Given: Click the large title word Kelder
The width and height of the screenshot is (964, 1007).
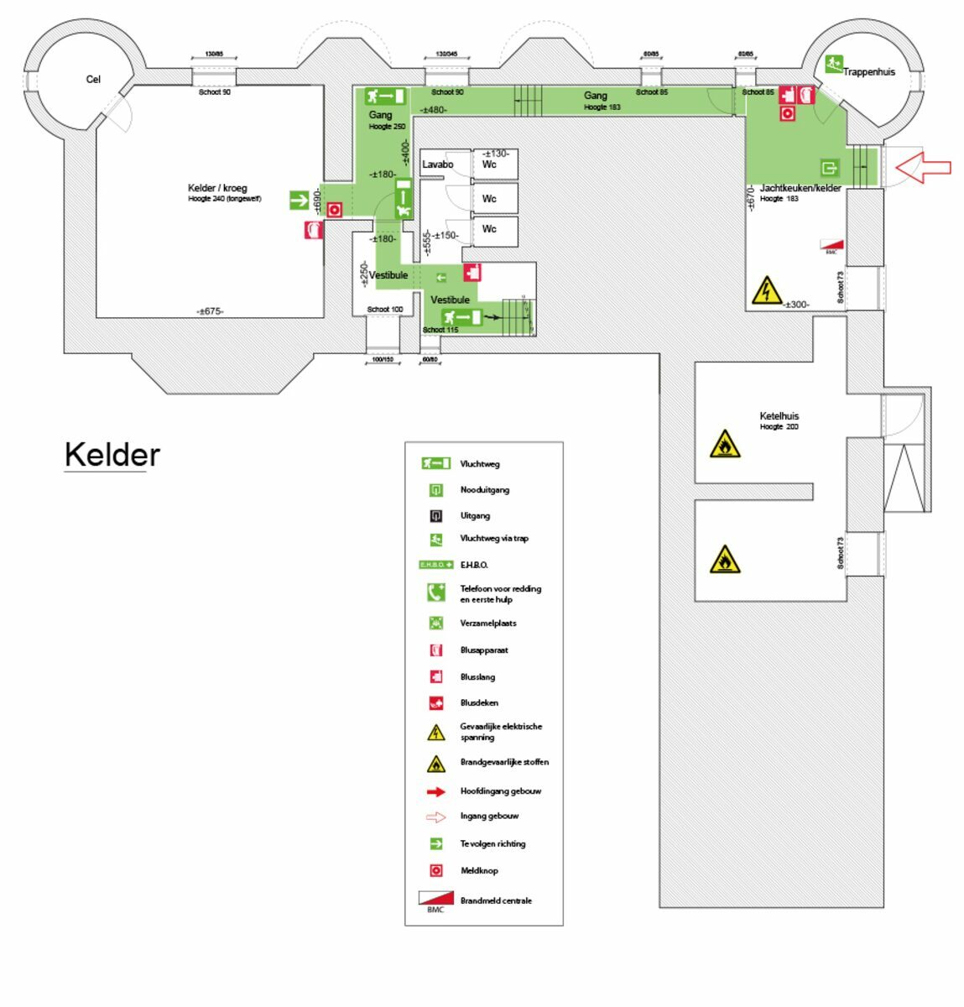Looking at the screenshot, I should tap(112, 455).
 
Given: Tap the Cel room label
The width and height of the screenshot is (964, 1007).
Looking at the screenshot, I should tap(93, 80).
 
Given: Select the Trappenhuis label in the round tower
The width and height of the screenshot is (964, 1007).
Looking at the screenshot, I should tap(868, 72).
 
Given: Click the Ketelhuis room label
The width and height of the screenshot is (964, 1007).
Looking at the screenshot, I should tap(779, 416).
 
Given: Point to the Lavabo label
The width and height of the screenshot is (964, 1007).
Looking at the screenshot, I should tap(437, 164).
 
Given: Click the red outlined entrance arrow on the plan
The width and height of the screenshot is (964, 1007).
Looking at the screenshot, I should tap(923, 167).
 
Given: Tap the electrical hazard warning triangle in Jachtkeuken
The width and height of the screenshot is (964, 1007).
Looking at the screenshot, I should tap(765, 290).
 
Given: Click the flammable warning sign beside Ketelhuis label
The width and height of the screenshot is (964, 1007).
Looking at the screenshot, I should tap(724, 445).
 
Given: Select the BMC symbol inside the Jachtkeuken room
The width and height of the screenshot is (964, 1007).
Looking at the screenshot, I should tap(831, 247).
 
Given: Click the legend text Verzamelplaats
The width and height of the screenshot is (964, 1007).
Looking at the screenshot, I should tap(488, 624).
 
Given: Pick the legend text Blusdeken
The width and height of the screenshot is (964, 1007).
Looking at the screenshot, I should tap(479, 703).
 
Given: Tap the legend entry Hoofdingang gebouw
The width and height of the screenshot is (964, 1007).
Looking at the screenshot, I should tap(500, 791).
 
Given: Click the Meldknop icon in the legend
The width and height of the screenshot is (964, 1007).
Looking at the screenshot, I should tap(435, 870).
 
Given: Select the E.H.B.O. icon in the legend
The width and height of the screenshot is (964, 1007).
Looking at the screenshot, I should tap(435, 565).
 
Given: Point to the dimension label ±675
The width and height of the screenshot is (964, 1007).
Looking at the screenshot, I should tap(210, 311).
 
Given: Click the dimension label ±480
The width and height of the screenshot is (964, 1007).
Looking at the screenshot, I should tap(434, 110).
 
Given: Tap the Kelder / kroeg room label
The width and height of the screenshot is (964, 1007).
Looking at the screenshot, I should tap(217, 188).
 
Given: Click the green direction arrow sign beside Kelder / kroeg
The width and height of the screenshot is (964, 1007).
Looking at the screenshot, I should tap(300, 200).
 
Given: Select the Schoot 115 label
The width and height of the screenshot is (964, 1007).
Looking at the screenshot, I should tap(440, 330).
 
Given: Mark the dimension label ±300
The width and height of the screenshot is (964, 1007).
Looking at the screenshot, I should tap(796, 305).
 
